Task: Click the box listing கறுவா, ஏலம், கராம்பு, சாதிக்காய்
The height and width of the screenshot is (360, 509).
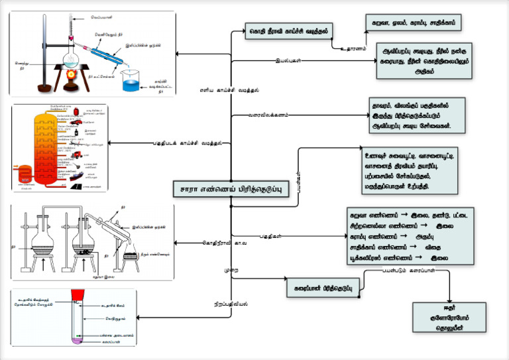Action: [413, 22]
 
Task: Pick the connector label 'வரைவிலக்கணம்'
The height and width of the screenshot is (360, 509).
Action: [268, 115]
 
